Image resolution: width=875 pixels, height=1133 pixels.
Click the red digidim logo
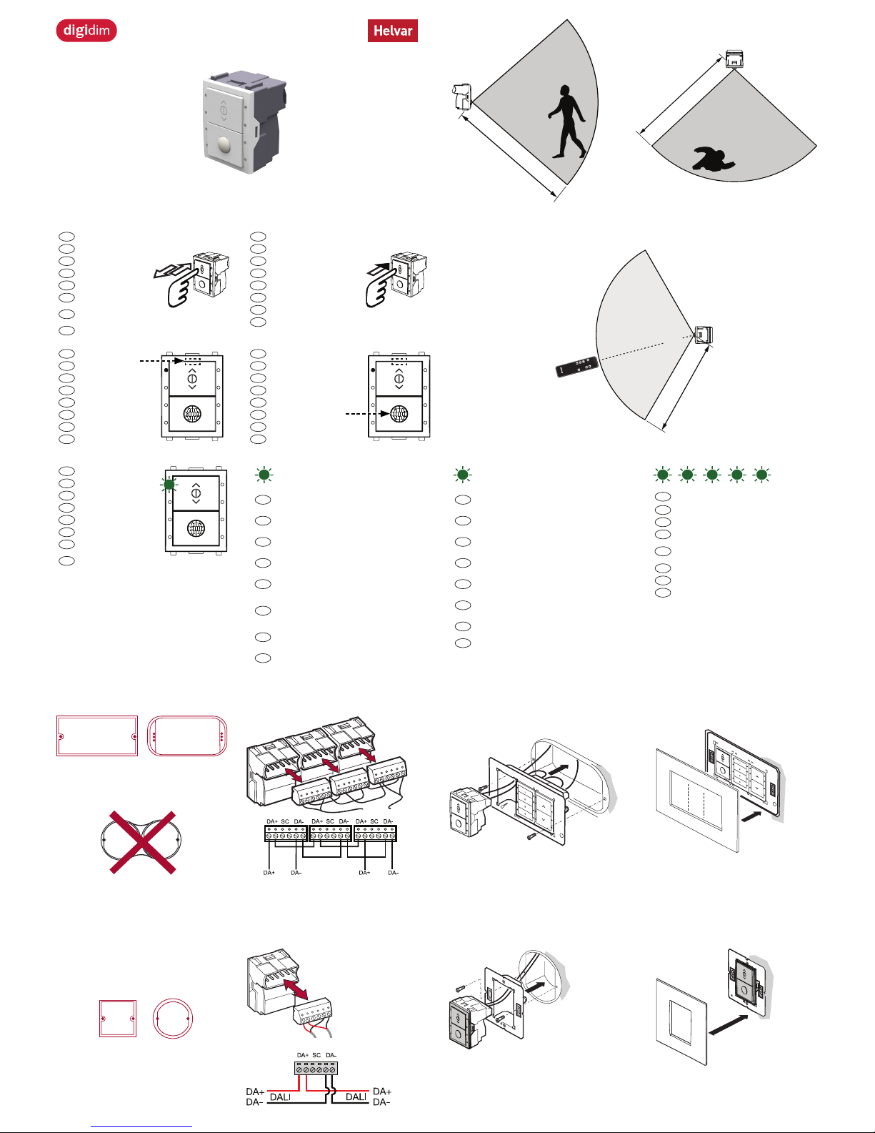tap(86, 31)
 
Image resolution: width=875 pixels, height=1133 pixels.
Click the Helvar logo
tap(392, 31)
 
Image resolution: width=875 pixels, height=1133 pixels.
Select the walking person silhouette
tap(567, 122)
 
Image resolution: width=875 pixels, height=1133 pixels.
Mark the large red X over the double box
tap(142, 841)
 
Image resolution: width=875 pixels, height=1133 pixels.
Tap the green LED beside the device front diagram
tap(169, 485)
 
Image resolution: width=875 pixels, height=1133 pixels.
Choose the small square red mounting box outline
tap(117, 1018)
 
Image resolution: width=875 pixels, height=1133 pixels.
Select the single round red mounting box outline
tap(173, 1018)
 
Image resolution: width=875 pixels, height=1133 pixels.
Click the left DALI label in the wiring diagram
tap(280, 1097)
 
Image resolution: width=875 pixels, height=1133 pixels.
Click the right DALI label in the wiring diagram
tap(356, 1097)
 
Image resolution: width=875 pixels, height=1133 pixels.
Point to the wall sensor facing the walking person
tap(462, 97)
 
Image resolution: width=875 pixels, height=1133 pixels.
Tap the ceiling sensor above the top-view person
tap(734, 59)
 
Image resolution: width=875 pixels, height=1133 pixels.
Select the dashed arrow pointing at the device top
tap(161, 361)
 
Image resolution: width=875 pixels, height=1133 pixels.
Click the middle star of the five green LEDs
tap(712, 475)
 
